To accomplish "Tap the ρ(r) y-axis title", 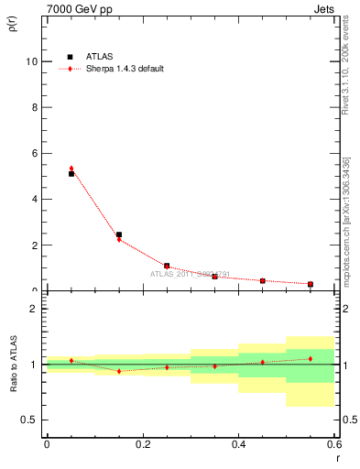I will point(12,22).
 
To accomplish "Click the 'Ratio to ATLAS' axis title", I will point(12,364).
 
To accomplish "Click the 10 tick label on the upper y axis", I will point(32,61).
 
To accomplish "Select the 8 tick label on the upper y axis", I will point(35,107).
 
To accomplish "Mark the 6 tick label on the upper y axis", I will point(35,153).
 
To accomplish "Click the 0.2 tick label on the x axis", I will point(142,443).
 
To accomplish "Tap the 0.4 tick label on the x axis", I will point(238,443).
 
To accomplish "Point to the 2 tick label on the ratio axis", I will point(35,309).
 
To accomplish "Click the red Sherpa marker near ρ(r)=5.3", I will point(71,169).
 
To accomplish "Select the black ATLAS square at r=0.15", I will point(119,234).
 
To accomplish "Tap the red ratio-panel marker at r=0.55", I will point(311,358).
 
